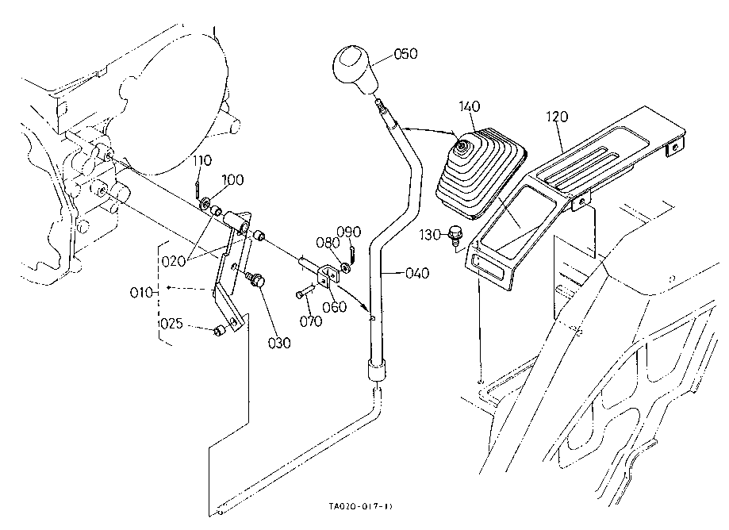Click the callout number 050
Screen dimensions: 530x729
pos(405,54)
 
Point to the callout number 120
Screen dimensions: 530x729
pos(557,116)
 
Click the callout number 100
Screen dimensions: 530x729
pos(232,181)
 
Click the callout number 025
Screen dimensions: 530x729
pos(172,324)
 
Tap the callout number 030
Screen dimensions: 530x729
pos(278,344)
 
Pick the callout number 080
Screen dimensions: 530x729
pos(327,241)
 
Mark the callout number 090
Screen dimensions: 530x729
pos(349,232)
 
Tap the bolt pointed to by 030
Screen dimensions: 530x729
pos(256,279)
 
